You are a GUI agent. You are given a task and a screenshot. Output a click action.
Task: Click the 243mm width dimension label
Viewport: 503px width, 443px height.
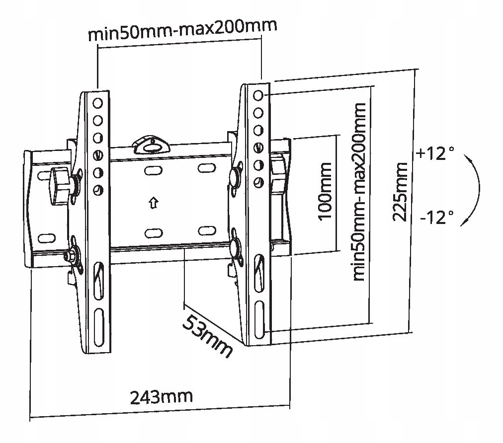point(162,397)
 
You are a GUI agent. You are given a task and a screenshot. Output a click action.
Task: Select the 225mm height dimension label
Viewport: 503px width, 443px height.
point(400,192)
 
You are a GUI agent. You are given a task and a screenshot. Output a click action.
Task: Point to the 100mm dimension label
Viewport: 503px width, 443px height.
point(325,192)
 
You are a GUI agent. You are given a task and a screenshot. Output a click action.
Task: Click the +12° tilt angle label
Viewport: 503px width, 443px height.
point(435,153)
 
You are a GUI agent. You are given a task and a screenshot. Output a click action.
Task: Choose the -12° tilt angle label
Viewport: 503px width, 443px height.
point(437,218)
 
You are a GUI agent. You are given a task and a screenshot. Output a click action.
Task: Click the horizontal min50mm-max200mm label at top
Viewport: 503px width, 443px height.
point(182,30)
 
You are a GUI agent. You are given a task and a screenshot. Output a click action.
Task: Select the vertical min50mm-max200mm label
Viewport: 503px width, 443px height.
point(359,192)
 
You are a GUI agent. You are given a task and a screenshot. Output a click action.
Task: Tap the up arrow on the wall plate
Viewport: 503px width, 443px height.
point(154,203)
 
